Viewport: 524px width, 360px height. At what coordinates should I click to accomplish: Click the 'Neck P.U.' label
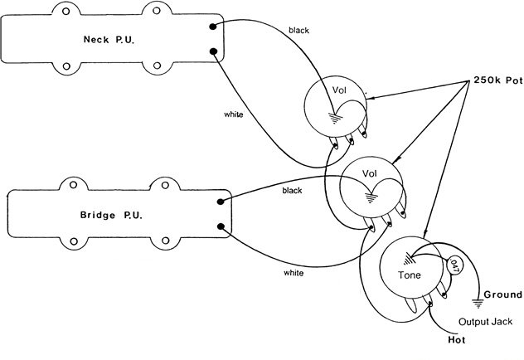click(x=109, y=40)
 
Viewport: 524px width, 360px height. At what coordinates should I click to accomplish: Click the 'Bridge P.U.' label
click(x=111, y=215)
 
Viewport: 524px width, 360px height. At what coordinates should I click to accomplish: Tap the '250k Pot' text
click(x=498, y=80)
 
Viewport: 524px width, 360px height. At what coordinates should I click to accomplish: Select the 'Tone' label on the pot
click(x=410, y=275)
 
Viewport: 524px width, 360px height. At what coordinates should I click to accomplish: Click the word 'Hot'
click(x=457, y=340)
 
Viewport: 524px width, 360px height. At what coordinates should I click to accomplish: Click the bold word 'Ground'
click(x=503, y=294)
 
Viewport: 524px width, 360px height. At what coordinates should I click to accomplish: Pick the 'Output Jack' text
click(x=485, y=322)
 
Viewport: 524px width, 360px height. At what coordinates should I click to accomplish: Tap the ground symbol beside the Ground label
click(x=478, y=304)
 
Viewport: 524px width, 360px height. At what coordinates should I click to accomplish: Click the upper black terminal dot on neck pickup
click(x=213, y=27)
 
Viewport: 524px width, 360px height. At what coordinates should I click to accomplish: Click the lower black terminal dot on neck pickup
click(x=213, y=51)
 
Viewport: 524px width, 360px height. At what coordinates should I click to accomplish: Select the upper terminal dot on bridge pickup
click(x=221, y=202)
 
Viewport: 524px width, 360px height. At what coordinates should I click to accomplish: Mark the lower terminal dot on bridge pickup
click(x=221, y=226)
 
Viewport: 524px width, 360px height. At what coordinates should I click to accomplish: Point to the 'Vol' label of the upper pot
click(x=339, y=90)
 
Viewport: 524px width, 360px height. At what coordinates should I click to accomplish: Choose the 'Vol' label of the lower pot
click(x=369, y=173)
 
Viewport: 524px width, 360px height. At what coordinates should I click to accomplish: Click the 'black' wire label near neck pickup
click(x=298, y=31)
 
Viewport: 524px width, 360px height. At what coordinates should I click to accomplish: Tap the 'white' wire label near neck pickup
click(x=234, y=114)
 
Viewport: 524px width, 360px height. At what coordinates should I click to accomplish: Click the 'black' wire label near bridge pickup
click(x=292, y=191)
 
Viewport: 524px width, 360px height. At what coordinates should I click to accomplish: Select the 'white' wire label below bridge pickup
click(x=294, y=273)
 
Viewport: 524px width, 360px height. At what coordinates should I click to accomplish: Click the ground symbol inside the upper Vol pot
click(x=334, y=119)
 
